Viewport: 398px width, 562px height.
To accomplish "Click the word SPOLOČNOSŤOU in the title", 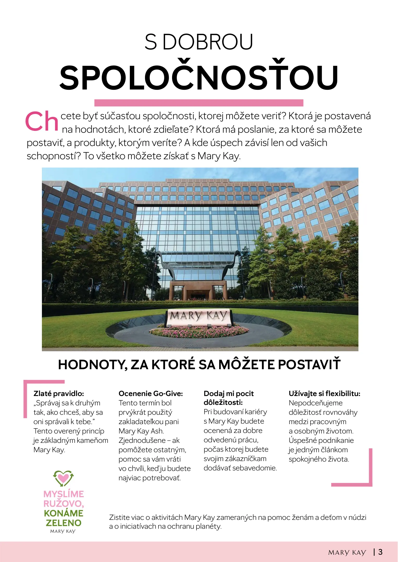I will point(199,78).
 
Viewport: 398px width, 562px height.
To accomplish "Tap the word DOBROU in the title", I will point(208,42).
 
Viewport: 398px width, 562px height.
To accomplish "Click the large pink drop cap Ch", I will point(42,121).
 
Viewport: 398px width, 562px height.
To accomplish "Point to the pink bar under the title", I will point(199,103).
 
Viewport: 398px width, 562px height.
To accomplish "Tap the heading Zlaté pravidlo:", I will point(59,393).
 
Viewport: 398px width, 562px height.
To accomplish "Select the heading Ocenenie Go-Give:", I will point(151,393).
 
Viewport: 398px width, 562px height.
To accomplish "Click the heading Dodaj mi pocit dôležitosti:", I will point(228,398).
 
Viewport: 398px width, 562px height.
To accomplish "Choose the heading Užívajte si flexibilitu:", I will point(324,393).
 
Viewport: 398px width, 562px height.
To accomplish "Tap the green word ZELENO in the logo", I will point(64,523).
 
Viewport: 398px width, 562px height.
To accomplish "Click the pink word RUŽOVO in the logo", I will point(63,504).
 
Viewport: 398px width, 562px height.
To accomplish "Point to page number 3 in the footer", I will point(380,552).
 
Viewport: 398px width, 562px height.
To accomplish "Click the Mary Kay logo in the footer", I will point(347,552).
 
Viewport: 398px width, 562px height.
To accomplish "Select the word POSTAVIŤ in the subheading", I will point(309,365).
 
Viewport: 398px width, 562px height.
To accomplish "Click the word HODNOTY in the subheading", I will point(92,365).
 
